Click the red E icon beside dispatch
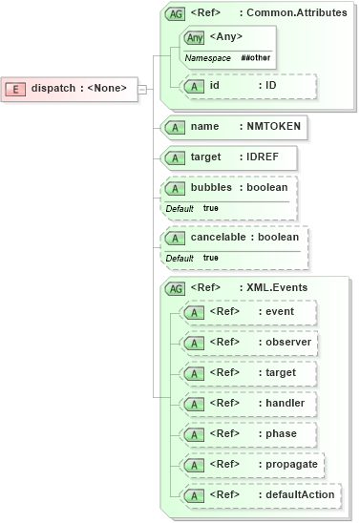[x=15, y=89]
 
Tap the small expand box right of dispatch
[x=142, y=89]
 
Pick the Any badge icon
[x=195, y=37]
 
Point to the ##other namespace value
[x=254, y=58]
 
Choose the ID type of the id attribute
[x=270, y=85]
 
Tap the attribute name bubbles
[x=211, y=187]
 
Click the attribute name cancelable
[x=219, y=237]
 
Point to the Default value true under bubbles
[x=210, y=208]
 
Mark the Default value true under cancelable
[x=210, y=258]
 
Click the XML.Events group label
[x=281, y=286]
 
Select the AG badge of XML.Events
[x=176, y=287]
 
